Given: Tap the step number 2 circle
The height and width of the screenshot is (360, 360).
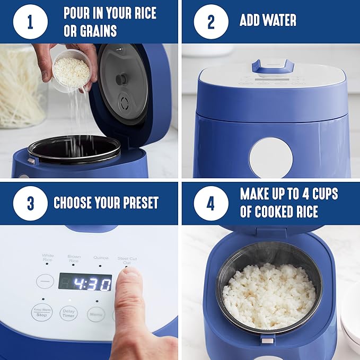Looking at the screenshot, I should (x=210, y=21).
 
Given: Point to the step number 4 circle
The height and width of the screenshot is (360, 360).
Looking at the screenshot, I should (x=210, y=203).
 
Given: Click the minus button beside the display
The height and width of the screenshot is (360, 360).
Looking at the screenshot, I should (x=45, y=281).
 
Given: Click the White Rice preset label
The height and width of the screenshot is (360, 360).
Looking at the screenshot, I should (x=48, y=258).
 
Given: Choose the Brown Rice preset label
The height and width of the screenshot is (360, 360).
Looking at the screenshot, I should (x=74, y=258).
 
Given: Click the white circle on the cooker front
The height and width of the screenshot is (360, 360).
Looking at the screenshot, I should (x=270, y=157).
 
